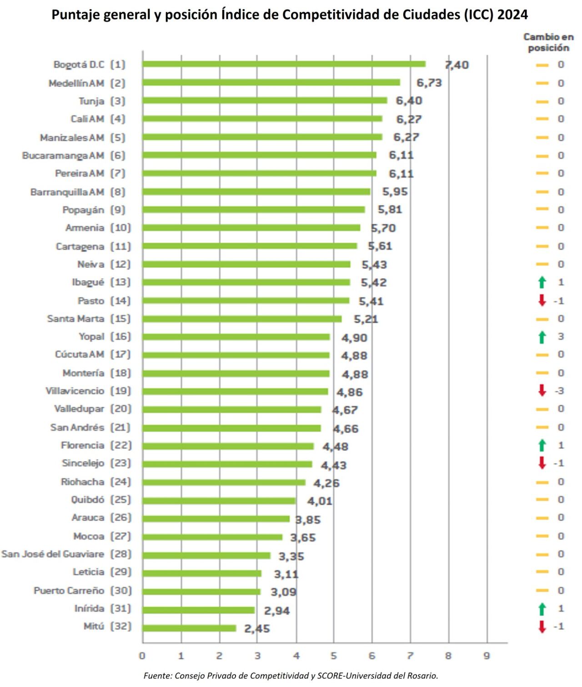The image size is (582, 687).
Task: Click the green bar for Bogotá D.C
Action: (284, 64)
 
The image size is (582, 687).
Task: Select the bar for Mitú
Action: (189, 628)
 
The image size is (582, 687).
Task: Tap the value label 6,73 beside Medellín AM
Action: (429, 83)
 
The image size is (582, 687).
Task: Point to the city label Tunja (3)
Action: (101, 101)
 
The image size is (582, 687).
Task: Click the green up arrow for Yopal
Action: (542, 337)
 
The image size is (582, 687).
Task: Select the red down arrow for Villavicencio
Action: (542, 390)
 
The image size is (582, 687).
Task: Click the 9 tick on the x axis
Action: (487, 656)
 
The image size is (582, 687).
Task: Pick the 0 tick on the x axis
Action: (142, 656)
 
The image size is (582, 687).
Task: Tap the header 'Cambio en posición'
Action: (548, 42)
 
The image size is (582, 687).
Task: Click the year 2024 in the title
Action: (512, 15)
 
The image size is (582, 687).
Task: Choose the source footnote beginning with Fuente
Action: (291, 676)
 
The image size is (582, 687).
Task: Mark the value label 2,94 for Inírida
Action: (276, 611)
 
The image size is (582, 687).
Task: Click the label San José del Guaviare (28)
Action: (66, 554)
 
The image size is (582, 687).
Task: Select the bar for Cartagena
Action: (250, 246)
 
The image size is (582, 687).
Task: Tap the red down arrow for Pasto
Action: (542, 301)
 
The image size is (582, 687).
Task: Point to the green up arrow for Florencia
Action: (542, 445)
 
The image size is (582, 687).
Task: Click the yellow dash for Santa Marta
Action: (542, 319)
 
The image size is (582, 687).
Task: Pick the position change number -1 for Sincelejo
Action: (559, 463)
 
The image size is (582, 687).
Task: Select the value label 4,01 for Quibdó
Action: (320, 501)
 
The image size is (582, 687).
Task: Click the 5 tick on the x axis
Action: (334, 656)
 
